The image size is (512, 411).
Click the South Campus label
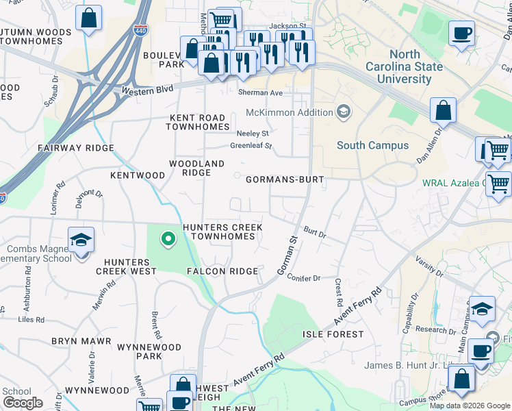coord(372,145)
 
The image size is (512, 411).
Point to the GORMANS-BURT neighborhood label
coord(284,179)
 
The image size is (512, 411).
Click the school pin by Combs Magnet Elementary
coord(81,241)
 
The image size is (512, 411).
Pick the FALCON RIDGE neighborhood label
coord(222,271)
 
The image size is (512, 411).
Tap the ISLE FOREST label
coord(333,334)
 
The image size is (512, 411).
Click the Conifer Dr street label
coord(305,278)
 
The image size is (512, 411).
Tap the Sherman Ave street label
coord(260,92)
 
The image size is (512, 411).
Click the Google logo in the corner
coord(23,403)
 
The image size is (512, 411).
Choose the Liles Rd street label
coord(31,319)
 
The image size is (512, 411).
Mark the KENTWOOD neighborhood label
coord(138,175)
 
